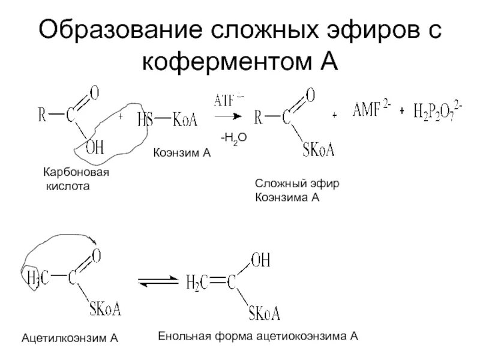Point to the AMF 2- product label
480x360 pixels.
click(370, 110)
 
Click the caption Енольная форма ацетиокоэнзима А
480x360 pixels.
click(258, 337)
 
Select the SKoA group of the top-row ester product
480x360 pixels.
click(318, 149)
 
